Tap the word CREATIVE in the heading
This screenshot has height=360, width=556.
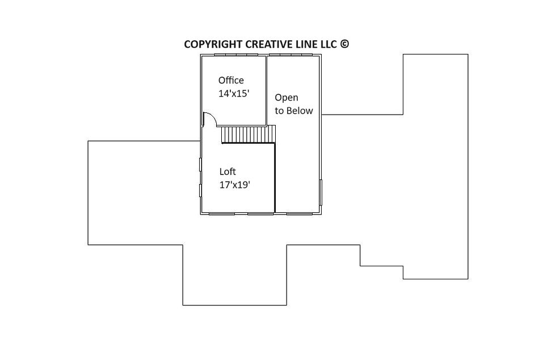coord(269,44)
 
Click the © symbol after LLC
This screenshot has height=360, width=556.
coord(345,44)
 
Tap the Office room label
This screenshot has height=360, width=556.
coord(231,80)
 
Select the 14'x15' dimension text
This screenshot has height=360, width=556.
coord(234,94)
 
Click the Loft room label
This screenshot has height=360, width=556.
coord(228,172)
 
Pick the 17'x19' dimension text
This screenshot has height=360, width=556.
coord(235,185)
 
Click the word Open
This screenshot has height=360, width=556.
coord(287,98)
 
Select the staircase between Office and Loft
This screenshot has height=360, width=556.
coord(248,134)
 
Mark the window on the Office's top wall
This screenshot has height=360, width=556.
coord(236,55)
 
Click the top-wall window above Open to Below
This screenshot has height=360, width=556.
coord(290,55)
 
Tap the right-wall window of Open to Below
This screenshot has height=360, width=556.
coord(321,192)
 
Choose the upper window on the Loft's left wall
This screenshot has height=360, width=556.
coord(200,164)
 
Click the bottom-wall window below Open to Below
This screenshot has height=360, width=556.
coord(300,214)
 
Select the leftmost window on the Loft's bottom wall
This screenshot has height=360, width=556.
coord(222,214)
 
